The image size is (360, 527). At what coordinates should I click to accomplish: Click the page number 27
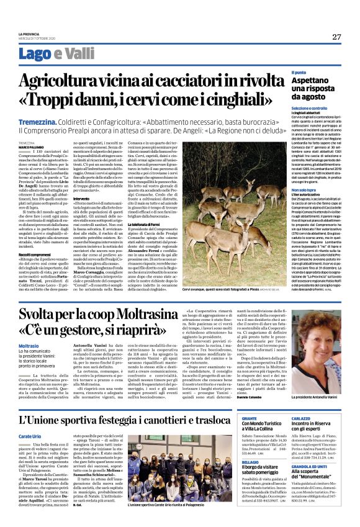point(336,37)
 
